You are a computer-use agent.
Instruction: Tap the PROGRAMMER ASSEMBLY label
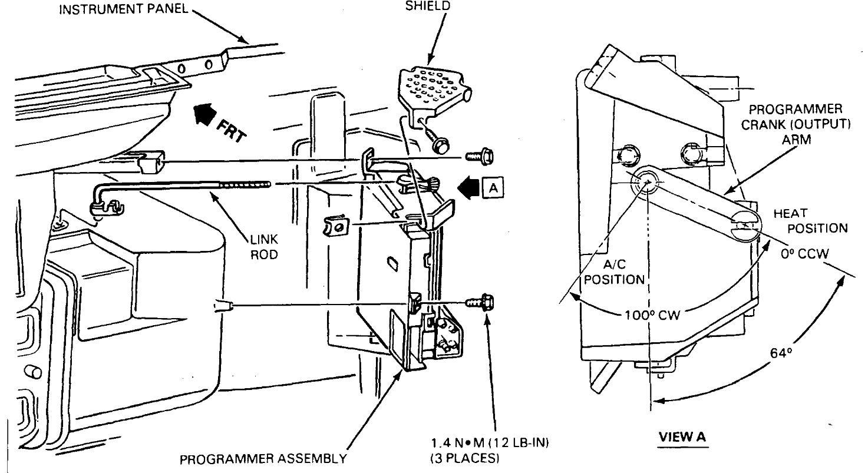(x=263, y=459)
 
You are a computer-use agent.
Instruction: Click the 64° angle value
(x=781, y=353)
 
